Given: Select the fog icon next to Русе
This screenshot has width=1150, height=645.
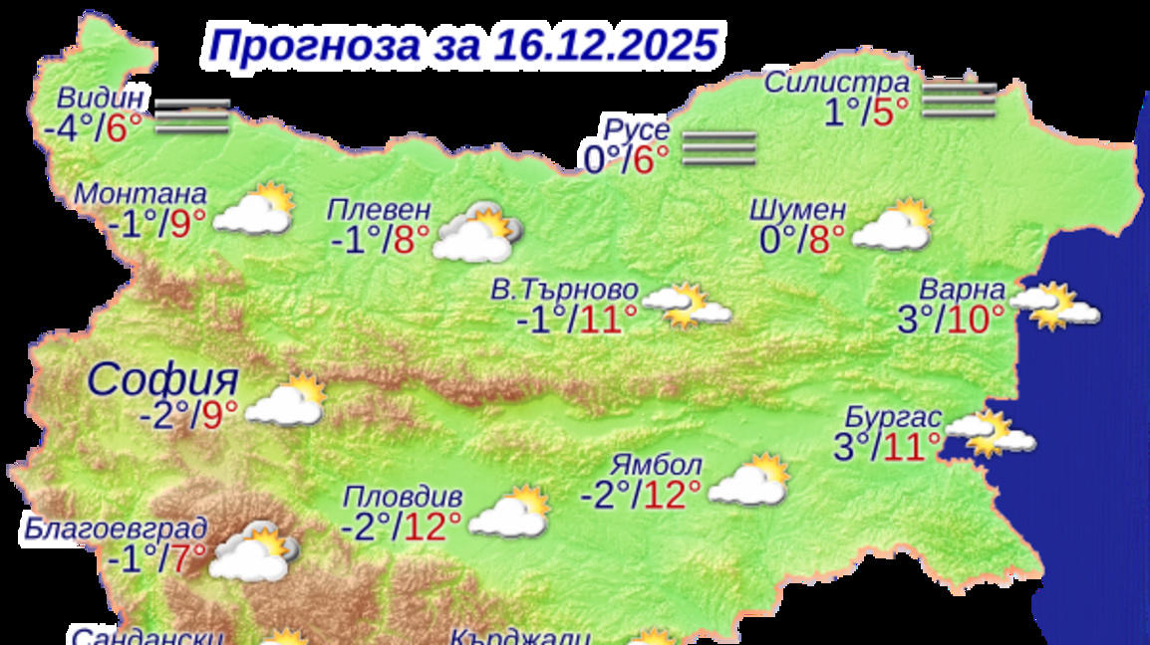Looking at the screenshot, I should pyautogui.click(x=719, y=147).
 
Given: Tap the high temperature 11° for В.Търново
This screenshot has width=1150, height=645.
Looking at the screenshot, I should pyautogui.click(x=603, y=320).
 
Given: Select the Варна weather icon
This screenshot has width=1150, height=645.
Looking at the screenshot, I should pyautogui.click(x=1056, y=306).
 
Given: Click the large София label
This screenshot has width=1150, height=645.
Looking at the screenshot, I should pyautogui.click(x=163, y=379).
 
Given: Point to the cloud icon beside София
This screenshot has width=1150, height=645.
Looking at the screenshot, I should pyautogui.click(x=286, y=402).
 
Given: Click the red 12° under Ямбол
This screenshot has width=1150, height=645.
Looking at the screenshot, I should pyautogui.click(x=672, y=493).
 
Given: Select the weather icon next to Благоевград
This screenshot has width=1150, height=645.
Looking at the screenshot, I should pyautogui.click(x=253, y=551).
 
